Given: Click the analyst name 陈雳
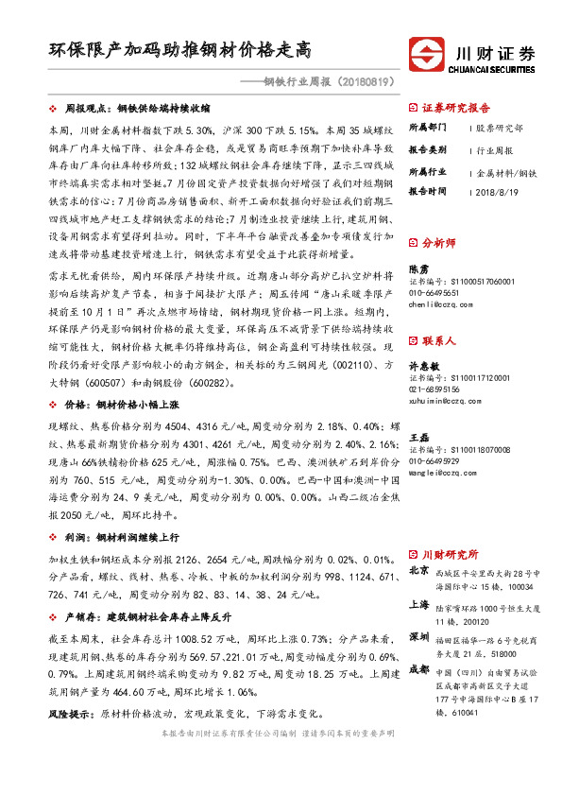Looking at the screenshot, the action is click(x=418, y=269).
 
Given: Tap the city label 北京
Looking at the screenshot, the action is click(x=418, y=572).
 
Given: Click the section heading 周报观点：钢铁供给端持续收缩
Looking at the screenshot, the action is click(x=142, y=109).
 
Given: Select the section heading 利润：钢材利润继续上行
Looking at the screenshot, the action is click(x=122, y=535).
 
